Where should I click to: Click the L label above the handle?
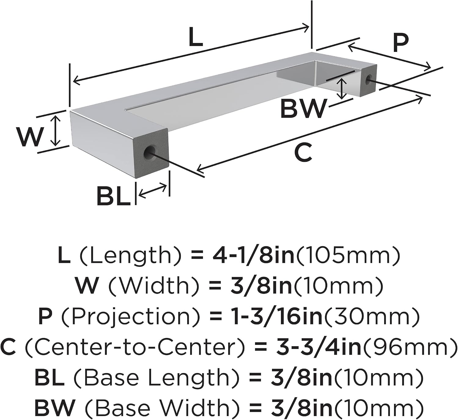point(196,37)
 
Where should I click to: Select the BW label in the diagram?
point(303,109)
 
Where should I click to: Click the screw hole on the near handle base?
point(150,152)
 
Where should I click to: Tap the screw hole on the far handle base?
point(368,80)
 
